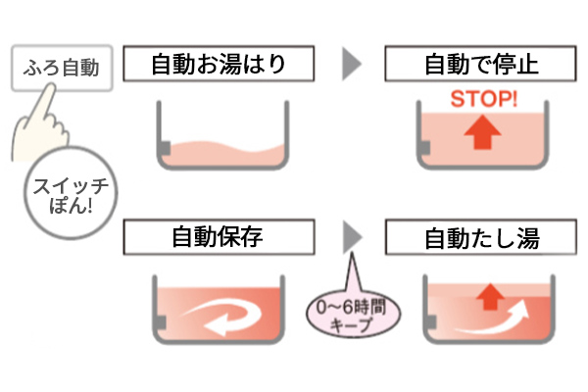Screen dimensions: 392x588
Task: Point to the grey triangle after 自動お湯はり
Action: click(x=351, y=66)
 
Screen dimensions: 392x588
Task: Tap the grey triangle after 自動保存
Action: click(x=351, y=237)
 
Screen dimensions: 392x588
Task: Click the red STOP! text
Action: click(x=480, y=99)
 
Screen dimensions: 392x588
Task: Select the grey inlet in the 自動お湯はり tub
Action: click(x=165, y=148)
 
